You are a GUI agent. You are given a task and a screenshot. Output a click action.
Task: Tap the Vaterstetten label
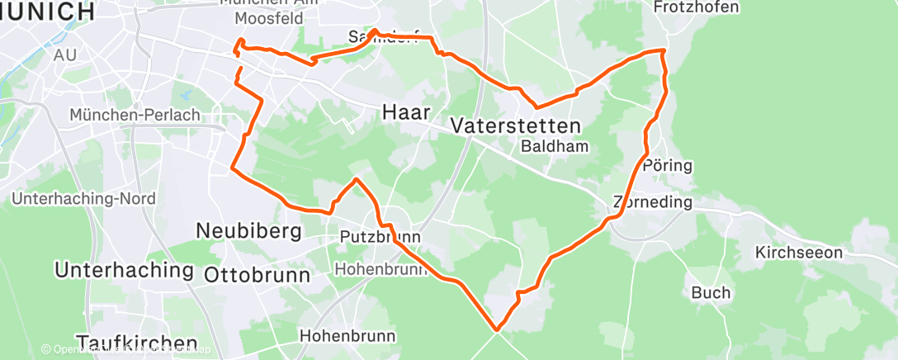coord(516,126)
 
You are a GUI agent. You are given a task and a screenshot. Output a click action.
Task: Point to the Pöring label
coord(667,166)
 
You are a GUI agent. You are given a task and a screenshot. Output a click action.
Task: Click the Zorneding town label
coord(652,202)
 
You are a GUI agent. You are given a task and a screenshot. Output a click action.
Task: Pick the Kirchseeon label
coord(799,253)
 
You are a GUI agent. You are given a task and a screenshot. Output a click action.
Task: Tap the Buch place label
coord(711,293)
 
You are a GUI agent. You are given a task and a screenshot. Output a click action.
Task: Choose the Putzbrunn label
coord(380,237)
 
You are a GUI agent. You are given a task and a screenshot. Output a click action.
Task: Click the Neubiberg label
coord(248,232)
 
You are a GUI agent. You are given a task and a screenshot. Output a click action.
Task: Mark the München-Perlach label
coord(135,115)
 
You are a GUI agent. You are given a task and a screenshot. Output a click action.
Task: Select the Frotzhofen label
coord(696,7)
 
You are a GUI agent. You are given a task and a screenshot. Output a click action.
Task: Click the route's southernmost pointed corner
coord(498,329)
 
